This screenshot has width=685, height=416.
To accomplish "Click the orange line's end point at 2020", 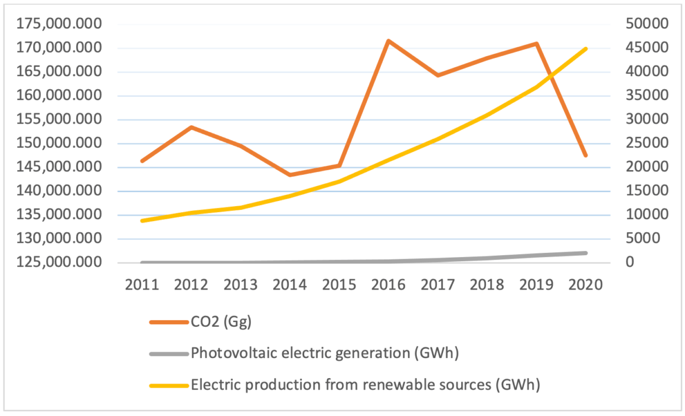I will tap(586, 155).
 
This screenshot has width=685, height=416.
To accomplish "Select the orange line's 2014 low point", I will tap(290, 175).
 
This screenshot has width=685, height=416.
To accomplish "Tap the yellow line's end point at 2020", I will tap(586, 48).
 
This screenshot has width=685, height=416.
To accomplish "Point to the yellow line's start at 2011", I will tap(142, 220).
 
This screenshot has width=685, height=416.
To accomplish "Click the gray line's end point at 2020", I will tap(586, 253).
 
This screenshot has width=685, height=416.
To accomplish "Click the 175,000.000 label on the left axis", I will tap(60, 24).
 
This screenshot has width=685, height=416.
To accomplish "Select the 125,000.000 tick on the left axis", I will tap(60, 262).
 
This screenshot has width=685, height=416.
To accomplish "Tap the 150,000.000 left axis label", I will tap(60, 144).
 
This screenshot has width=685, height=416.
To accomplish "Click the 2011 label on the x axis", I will tap(142, 284).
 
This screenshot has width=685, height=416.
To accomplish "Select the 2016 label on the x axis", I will tap(389, 284).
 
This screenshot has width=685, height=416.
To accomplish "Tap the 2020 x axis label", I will tap(586, 284).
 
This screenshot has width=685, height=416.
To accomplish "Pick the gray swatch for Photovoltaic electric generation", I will tap(168, 354).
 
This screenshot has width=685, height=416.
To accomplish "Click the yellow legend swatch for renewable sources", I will tap(168, 385).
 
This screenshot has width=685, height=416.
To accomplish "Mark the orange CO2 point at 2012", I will tap(192, 127).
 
